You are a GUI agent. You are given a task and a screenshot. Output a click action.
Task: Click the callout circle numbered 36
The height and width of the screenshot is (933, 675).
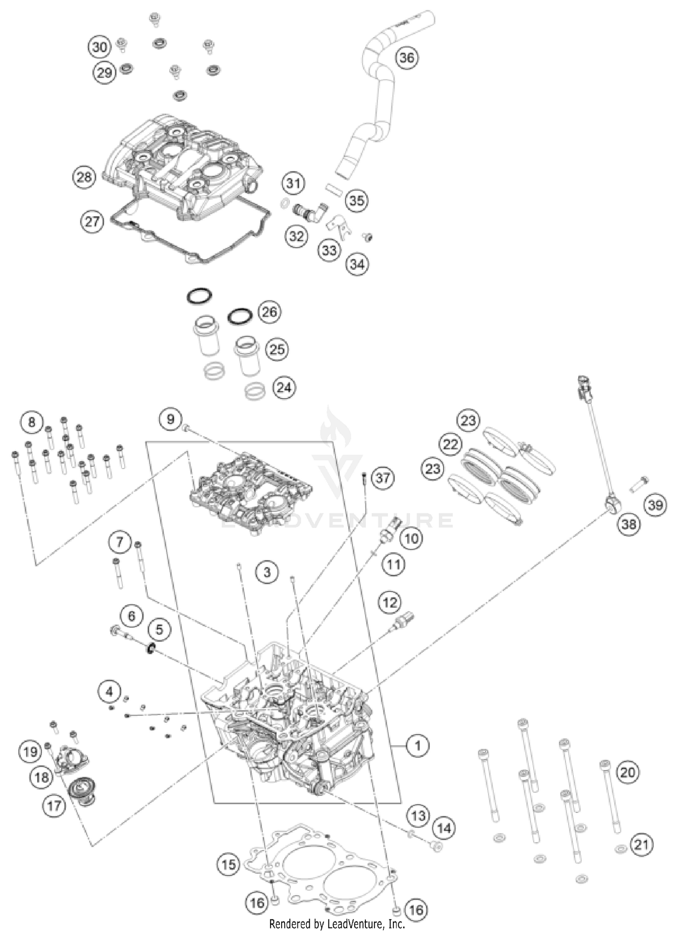(406, 58)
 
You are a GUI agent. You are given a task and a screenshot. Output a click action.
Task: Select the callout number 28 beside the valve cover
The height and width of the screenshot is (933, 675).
(84, 177)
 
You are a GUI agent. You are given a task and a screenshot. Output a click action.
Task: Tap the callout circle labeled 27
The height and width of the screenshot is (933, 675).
(92, 221)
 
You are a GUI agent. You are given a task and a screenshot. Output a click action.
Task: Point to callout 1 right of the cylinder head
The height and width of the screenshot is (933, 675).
(418, 746)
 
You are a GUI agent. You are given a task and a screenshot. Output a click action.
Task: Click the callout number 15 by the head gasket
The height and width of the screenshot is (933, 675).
(229, 864)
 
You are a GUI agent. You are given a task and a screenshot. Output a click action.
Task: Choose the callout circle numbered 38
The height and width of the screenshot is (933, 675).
(629, 524)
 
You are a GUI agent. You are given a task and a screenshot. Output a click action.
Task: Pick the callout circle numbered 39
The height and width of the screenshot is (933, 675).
(655, 505)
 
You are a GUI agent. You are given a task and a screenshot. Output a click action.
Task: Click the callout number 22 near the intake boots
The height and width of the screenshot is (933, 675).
(450, 445)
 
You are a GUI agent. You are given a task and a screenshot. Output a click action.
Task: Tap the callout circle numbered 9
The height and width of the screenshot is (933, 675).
(170, 419)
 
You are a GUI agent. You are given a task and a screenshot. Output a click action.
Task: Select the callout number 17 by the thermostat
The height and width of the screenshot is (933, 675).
(54, 806)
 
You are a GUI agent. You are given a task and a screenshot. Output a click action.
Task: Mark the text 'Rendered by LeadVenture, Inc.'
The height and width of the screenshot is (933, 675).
(337, 924)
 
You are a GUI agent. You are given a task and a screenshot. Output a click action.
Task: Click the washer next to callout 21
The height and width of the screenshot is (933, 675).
(621, 848)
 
